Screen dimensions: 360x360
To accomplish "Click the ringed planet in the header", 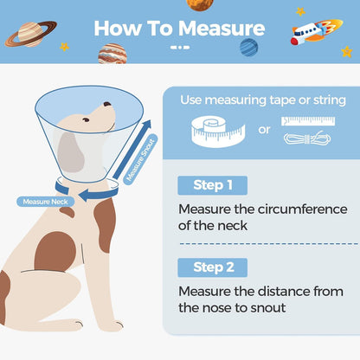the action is pos(31,34).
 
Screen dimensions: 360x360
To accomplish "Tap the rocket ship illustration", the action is pos(317,31).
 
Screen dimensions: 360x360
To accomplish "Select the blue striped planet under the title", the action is pos(248,48).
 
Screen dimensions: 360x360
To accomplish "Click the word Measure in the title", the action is pos(222,29).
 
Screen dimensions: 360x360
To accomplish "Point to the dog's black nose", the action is pos(107,104).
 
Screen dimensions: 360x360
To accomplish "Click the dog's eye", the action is pos(86,119).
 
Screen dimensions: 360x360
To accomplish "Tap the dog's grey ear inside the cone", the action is pos(70,152).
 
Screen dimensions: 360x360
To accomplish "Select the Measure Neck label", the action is pos(46,202).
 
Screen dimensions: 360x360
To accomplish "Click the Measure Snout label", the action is pos(140,159).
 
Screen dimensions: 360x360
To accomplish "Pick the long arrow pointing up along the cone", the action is pos(132,150).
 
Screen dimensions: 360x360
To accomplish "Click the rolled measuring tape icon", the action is pos(218,132).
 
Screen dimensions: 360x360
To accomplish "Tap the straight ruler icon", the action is pos(308,121).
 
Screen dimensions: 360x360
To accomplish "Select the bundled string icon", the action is pos(307,138).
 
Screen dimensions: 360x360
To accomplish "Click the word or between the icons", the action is pos(264,130).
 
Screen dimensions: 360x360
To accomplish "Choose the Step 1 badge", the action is pos(213,185).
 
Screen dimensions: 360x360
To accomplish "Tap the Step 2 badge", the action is pos(213,267).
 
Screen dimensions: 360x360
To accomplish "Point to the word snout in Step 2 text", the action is pos(268,308).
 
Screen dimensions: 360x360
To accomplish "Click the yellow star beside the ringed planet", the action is pos(64,47).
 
